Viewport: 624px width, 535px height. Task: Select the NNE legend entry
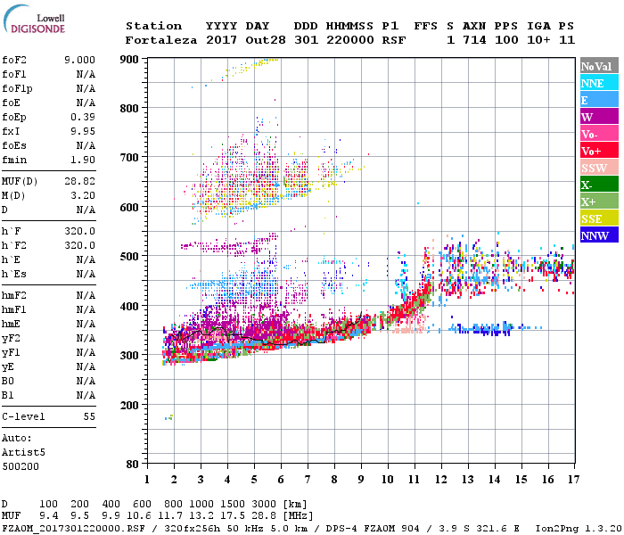pos(593,83)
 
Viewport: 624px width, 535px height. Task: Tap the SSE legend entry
pos(593,218)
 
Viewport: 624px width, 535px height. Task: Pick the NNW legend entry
pos(595,235)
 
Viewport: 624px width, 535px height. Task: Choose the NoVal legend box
pos(595,66)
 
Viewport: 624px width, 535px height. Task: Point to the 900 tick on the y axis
pos(130,59)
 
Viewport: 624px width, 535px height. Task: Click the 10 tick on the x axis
pos(387,480)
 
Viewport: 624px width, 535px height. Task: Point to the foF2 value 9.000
pos(79,60)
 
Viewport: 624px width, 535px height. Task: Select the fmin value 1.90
pos(85,160)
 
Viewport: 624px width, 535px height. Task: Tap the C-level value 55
pos(89,416)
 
